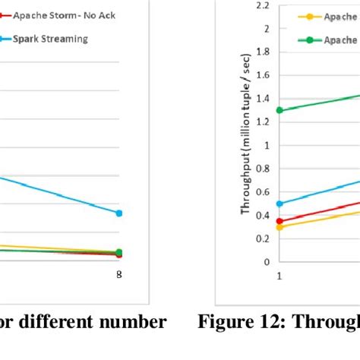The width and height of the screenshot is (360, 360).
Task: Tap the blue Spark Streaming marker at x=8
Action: coord(118,213)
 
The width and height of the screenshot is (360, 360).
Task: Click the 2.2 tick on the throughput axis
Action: coord(264,5)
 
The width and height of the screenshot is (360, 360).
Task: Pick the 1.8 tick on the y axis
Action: coord(264,52)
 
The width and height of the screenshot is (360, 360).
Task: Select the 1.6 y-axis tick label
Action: coord(264,75)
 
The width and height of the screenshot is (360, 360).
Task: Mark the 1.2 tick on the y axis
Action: coord(264,122)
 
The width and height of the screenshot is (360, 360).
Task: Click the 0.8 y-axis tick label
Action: coord(264,169)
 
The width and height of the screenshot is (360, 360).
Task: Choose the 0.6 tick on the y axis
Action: coord(264,191)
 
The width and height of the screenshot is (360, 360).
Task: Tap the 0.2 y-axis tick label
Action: coord(264,238)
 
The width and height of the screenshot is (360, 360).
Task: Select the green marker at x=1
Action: coord(279,110)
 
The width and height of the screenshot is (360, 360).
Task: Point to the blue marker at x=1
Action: coord(279,204)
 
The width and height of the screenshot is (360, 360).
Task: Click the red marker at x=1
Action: coord(279,221)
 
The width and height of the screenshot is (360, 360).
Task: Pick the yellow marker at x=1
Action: coord(279,227)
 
